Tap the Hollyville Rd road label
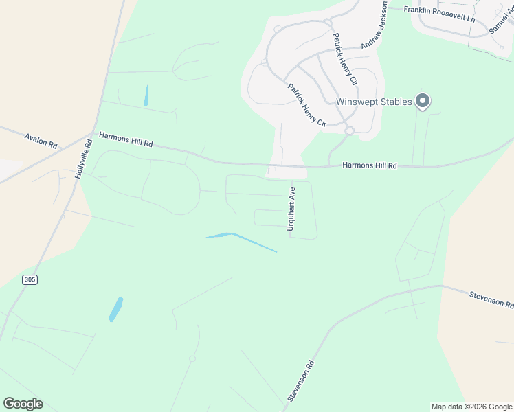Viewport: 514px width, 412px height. (83, 159)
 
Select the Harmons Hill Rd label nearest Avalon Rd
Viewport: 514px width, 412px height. (126, 140)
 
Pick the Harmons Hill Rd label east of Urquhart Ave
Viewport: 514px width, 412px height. (370, 165)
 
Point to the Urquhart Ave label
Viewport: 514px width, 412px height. (291, 209)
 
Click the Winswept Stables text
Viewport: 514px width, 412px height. (374, 102)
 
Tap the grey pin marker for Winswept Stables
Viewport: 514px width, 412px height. (423, 102)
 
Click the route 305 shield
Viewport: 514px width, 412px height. (30, 279)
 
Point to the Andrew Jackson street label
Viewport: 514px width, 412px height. (375, 25)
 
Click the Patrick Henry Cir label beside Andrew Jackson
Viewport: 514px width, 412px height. (345, 58)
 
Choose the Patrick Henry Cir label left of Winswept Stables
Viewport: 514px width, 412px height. (306, 105)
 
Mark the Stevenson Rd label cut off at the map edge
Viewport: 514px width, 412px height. (491, 299)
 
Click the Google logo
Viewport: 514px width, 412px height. (23, 403)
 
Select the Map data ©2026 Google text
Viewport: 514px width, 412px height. (472, 407)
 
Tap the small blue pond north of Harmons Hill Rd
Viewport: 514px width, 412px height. (146, 95)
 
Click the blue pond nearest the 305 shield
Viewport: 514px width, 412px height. (116, 309)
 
